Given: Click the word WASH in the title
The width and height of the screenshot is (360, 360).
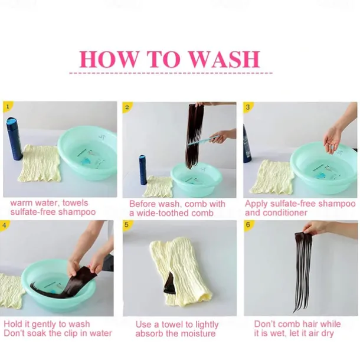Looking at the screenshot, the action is [x=225, y=59].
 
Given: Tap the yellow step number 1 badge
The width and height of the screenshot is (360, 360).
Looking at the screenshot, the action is [x=8, y=107].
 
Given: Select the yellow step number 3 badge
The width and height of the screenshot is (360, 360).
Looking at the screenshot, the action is [x=248, y=107].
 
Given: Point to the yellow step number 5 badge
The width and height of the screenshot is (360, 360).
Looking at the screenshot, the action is [x=127, y=225].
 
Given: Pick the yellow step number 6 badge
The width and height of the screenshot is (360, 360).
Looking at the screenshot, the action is [x=248, y=225].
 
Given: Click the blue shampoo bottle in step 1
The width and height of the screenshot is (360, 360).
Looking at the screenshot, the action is [x=14, y=139].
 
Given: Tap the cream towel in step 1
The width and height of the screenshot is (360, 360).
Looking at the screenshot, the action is [x=40, y=163].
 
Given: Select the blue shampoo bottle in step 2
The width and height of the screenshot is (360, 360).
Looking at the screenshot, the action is [x=143, y=170].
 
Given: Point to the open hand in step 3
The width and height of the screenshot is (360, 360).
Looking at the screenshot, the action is [x=332, y=137].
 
